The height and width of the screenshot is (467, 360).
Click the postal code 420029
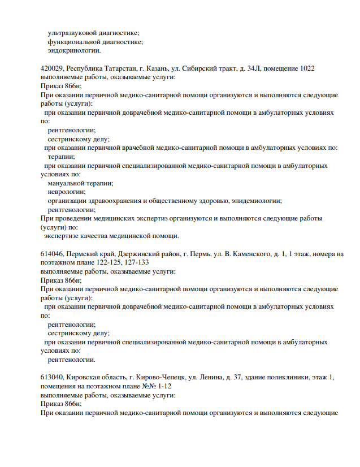click(53, 68)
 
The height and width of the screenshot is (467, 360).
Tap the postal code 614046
click(53, 254)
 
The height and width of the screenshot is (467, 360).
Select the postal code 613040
click(53, 378)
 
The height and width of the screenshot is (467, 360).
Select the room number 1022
click(306, 68)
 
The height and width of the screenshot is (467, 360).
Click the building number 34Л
click(248, 68)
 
